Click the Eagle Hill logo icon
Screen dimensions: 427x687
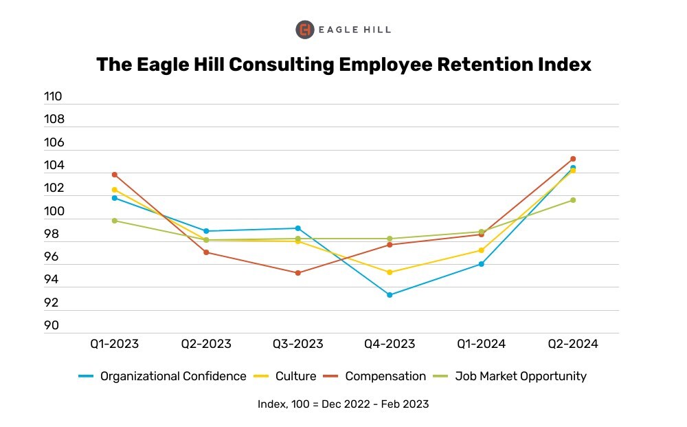305,30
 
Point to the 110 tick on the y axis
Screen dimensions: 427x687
53,97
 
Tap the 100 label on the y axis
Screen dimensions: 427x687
53,211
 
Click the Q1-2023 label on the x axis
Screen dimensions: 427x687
114,344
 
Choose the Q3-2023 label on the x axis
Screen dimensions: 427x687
297,344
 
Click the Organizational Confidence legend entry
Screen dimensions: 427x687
172,376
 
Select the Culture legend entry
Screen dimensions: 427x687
295,376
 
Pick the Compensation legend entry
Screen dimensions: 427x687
385,376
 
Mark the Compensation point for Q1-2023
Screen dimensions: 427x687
115,175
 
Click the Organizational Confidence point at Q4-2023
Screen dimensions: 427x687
390,295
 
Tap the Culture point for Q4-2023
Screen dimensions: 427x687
390,272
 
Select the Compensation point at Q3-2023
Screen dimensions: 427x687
298,273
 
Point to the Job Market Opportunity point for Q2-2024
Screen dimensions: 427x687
573,200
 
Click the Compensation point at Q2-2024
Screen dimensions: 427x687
573,159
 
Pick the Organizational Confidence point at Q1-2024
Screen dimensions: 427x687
482,264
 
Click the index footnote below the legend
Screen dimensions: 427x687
343,404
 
